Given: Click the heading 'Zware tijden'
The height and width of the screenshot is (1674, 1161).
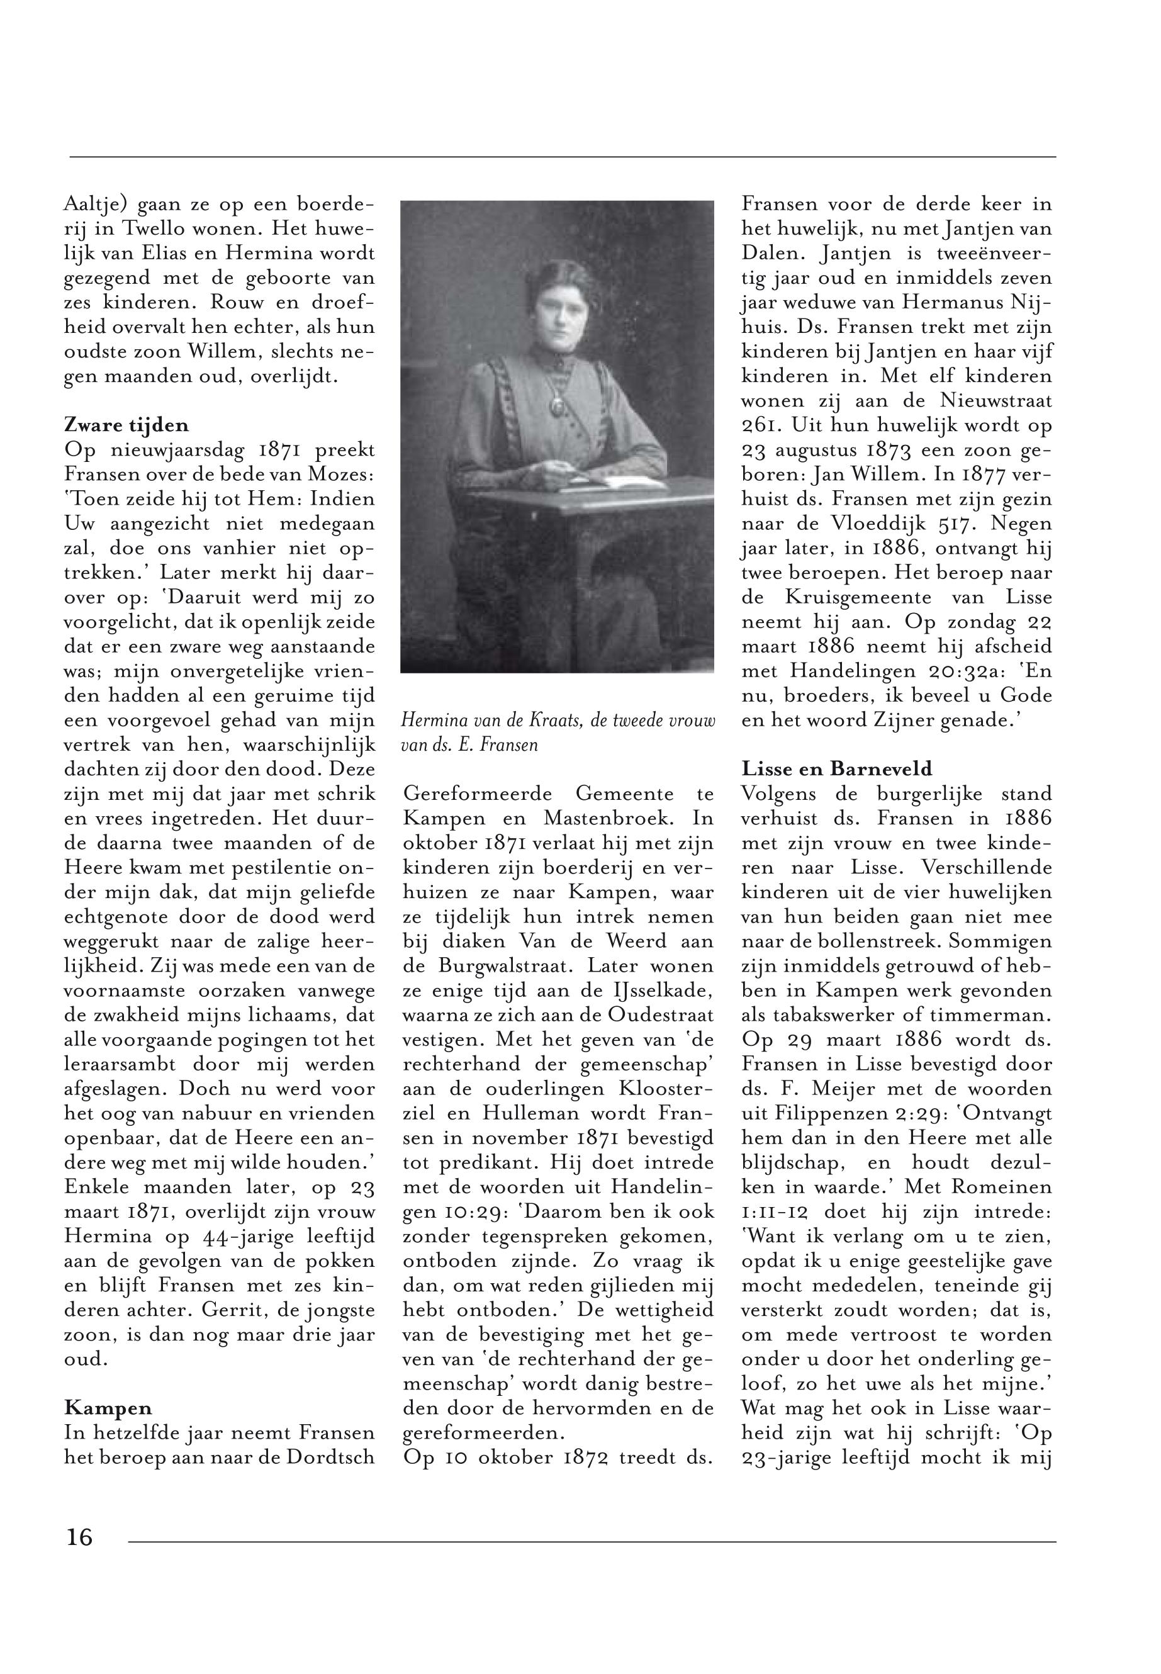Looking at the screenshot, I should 126,425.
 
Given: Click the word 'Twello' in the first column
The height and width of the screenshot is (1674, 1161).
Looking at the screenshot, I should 158,228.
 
